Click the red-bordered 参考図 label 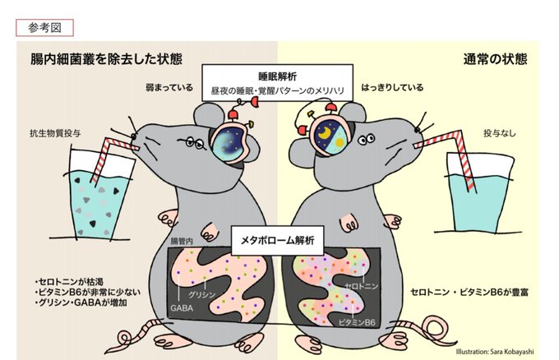click(x=44, y=27)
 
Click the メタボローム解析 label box click(x=278, y=240)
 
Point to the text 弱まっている click(x=169, y=86)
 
